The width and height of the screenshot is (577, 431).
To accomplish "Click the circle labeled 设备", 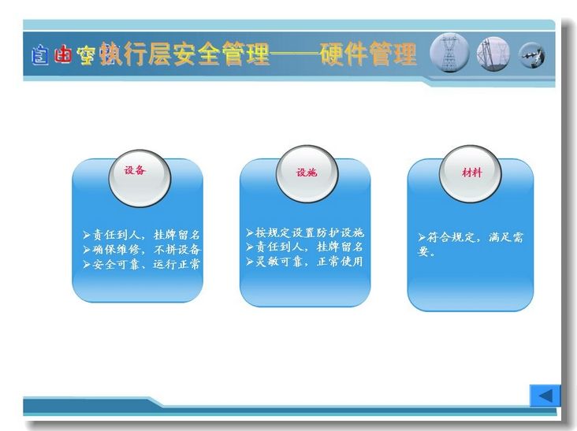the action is [140, 178].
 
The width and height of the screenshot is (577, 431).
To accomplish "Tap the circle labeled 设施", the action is [307, 174].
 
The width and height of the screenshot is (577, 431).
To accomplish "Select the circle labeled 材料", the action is [471, 173].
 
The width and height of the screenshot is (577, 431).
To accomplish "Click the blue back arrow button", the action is [545, 396].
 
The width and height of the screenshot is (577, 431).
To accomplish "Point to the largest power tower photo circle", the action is [449, 53].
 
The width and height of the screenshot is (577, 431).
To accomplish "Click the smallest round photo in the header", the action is [532, 55].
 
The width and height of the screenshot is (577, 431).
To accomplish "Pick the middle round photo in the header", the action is [493, 54].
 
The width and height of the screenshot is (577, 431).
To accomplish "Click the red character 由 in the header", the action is [62, 55].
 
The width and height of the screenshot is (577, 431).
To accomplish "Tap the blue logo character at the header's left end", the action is [40, 55].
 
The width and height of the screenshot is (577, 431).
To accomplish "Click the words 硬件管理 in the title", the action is [368, 54].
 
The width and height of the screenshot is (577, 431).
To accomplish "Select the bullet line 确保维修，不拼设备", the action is [142, 249].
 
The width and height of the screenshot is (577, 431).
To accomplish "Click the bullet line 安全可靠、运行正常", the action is [142, 264].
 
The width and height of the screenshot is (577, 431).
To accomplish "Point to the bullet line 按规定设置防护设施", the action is [305, 232].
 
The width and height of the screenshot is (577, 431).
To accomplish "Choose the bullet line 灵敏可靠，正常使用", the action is [305, 262].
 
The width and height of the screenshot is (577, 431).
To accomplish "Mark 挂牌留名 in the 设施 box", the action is [340, 247].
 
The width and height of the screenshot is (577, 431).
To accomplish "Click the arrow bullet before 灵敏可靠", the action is [250, 262].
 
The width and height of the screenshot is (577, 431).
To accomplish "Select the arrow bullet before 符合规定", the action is [422, 237].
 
